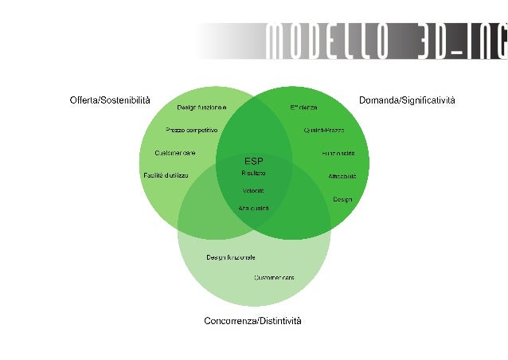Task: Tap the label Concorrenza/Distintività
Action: (252, 321)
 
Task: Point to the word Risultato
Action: (253, 173)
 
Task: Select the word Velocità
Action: (253, 190)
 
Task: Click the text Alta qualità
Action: (253, 208)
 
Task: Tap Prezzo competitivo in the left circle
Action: (191, 130)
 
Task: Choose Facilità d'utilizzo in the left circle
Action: (166, 175)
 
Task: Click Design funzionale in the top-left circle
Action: (201, 108)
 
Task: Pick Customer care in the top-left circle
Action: (175, 152)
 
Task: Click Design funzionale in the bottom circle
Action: (231, 257)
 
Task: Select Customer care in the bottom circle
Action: (274, 277)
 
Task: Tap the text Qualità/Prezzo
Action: (323, 130)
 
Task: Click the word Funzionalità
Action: (338, 153)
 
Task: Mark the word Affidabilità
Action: (342, 176)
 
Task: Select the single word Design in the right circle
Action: (342, 199)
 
